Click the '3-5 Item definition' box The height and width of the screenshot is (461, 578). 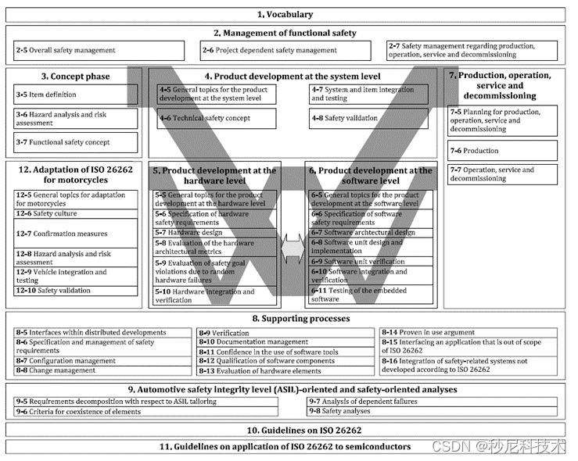click(74, 95)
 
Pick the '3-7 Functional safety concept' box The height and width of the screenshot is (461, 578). click(74, 142)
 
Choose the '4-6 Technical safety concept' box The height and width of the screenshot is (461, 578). click(216, 118)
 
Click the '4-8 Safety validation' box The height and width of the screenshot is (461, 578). click(368, 118)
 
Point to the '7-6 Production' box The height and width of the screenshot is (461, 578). click(502, 151)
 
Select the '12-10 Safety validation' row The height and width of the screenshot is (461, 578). click(74, 291)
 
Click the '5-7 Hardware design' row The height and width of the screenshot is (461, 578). click(216, 232)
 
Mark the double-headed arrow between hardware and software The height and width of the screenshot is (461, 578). click(292, 248)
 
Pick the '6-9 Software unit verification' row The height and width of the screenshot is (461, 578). click(368, 261)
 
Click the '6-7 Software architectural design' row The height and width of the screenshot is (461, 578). click(368, 232)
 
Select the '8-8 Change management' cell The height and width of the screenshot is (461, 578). click(102, 370)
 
